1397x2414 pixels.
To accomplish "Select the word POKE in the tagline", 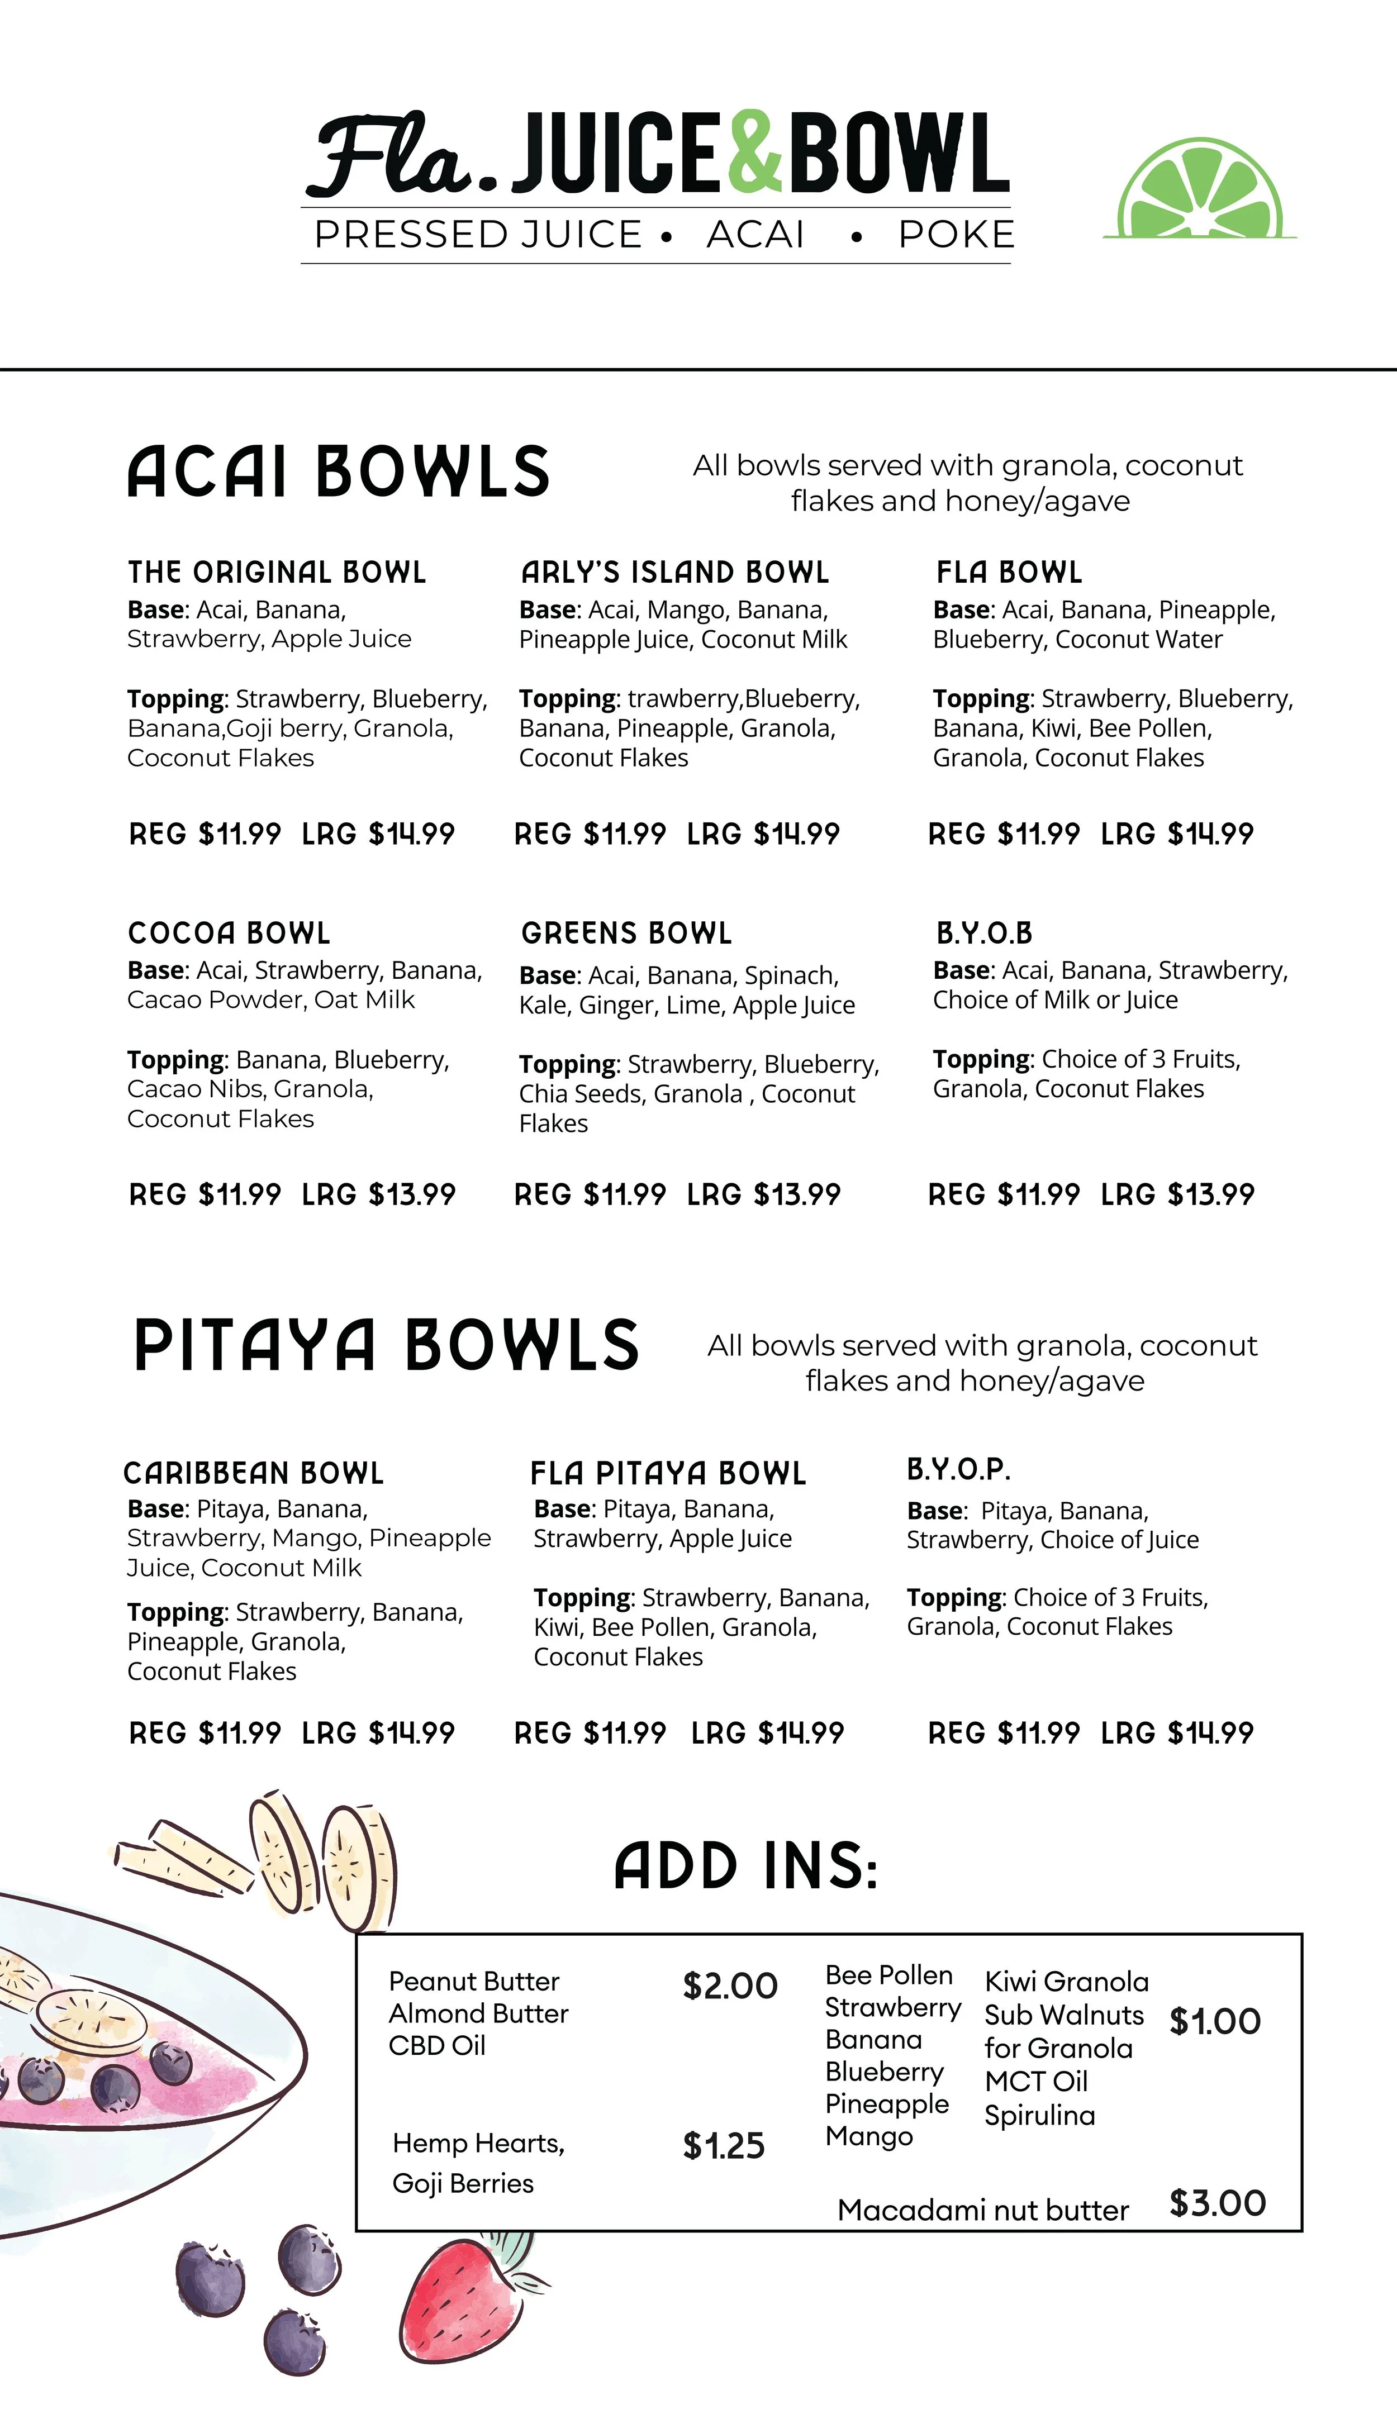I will [956, 235].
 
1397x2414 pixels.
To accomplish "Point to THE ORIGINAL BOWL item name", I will [277, 573].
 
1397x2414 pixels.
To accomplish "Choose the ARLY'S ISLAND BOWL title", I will [674, 573].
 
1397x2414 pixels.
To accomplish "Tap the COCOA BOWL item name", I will [229, 933].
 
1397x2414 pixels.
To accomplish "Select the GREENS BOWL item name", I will [626, 933].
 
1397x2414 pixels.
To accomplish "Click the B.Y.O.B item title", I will [984, 933].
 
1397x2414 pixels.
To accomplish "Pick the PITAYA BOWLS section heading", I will [386, 1346].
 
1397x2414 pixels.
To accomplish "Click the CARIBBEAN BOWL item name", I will [254, 1473].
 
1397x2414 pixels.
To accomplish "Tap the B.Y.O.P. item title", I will [958, 1469].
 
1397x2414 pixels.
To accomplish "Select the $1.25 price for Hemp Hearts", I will [724, 2146].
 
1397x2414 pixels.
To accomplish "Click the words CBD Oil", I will [437, 2046].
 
